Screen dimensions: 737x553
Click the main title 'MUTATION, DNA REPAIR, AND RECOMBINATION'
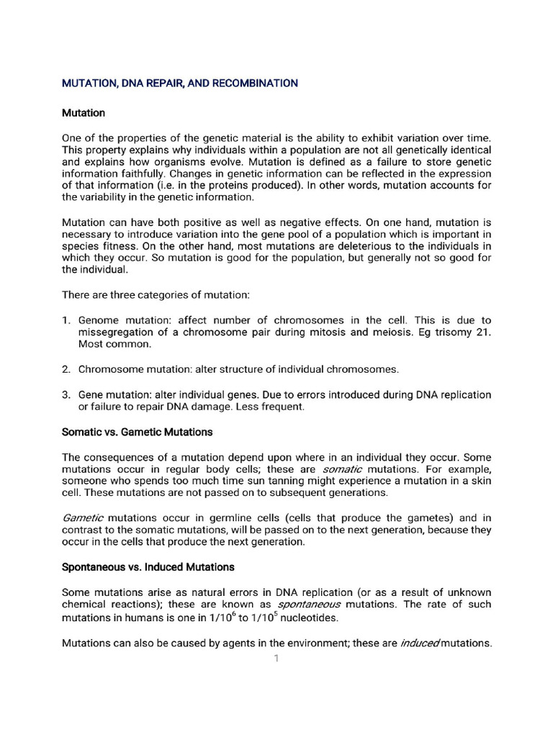179,83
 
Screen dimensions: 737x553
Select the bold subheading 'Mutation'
84,113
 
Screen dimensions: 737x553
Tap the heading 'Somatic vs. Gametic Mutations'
137,432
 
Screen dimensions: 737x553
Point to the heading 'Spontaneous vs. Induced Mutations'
148,566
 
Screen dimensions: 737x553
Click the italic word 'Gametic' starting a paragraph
83,517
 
